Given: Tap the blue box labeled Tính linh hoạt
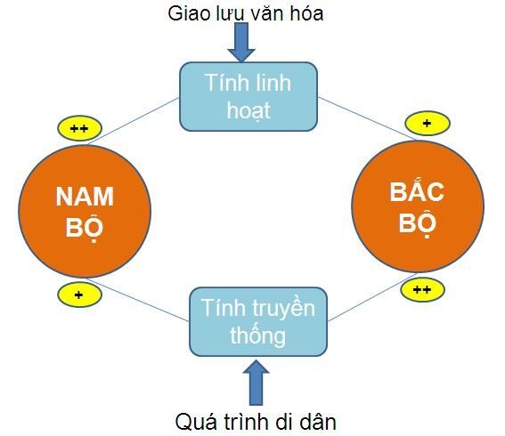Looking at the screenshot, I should click(248, 97).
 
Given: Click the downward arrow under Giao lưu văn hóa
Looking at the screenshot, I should click(241, 42).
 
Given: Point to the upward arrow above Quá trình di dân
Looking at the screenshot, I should click(257, 381).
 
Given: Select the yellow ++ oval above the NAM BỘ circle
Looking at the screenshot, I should click(78, 129).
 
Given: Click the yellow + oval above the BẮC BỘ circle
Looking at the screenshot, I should click(427, 123).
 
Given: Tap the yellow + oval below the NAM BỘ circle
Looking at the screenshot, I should click(78, 295).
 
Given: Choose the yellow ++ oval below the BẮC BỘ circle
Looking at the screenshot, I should click(422, 289).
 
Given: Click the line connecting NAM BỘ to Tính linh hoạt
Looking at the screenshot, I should click(143, 115).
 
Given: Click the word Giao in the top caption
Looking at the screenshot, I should click(188, 13).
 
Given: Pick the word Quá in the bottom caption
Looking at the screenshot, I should click(194, 420).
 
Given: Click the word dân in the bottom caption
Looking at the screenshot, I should click(317, 420).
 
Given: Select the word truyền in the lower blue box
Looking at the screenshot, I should click(282, 309).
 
